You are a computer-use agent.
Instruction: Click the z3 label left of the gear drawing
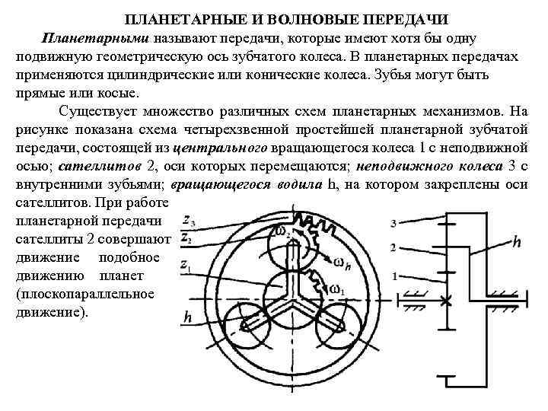point(187,221)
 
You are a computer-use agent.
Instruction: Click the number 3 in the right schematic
point(392,223)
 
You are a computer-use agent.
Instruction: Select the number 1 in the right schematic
point(394,276)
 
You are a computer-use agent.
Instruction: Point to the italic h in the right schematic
point(517,243)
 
